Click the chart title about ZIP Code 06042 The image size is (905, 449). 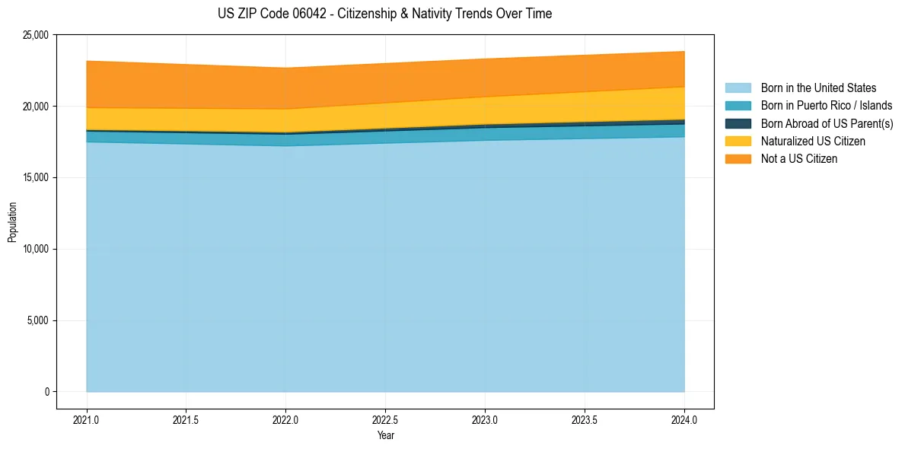(x=384, y=14)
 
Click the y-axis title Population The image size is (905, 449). (x=12, y=221)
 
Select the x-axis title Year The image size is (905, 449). (x=385, y=436)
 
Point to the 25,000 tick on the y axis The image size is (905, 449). (x=36, y=35)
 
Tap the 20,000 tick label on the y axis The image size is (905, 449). (x=36, y=107)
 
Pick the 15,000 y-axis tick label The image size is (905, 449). (x=36, y=178)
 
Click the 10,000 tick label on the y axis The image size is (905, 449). (x=36, y=250)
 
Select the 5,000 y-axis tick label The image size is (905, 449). (x=38, y=320)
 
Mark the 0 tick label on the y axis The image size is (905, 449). (x=46, y=392)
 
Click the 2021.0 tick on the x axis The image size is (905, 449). (x=87, y=419)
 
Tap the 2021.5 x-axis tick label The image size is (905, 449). (x=186, y=419)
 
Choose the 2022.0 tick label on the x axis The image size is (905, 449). (x=285, y=419)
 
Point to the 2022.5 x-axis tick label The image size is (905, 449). (x=385, y=419)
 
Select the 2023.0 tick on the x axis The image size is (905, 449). (x=485, y=419)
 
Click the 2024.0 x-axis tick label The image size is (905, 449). (x=684, y=419)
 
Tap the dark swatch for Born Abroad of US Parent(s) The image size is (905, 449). (x=738, y=123)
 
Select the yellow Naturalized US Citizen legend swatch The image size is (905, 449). (x=738, y=142)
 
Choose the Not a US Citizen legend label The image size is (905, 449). (x=798, y=159)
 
